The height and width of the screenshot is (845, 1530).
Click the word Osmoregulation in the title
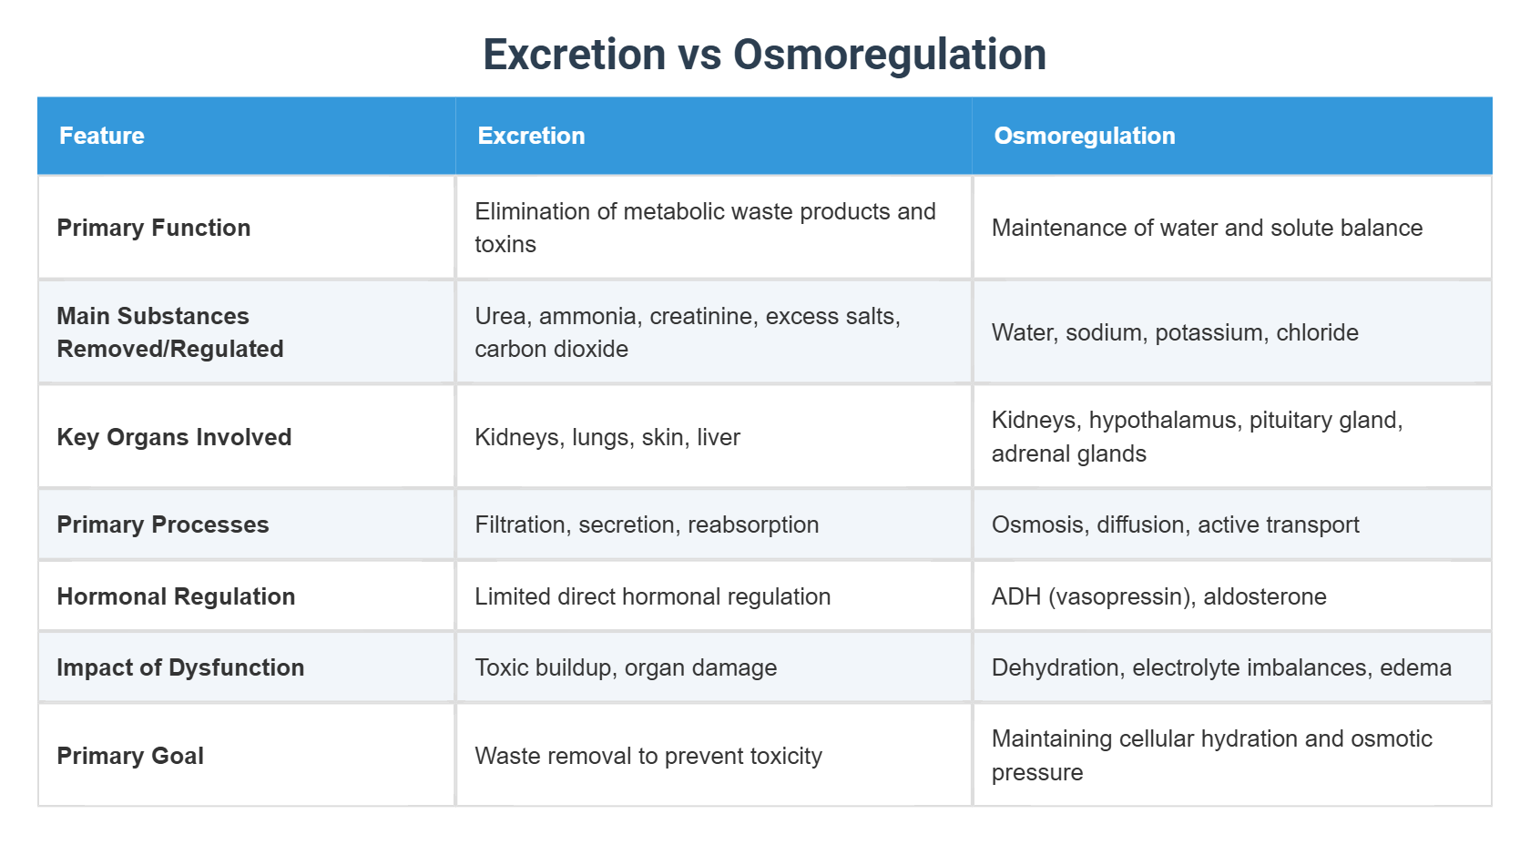click(x=889, y=55)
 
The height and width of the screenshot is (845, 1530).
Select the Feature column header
click(x=102, y=136)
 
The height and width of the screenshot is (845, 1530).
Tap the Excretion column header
click(x=531, y=136)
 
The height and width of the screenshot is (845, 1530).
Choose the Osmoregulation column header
click(x=1084, y=136)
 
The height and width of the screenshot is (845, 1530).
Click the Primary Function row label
click(x=153, y=228)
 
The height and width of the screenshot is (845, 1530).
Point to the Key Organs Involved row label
click(x=174, y=437)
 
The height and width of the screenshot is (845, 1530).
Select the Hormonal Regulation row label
click(x=176, y=596)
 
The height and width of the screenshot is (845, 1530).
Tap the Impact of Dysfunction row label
click(x=180, y=667)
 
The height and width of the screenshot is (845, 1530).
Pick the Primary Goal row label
click(x=130, y=756)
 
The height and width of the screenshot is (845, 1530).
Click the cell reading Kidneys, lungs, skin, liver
click(x=607, y=437)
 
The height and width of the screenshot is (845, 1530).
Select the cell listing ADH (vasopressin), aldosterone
click(x=1158, y=596)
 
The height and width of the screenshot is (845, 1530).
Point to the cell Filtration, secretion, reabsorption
click(x=647, y=524)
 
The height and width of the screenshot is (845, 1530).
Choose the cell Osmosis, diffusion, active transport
click(x=1175, y=524)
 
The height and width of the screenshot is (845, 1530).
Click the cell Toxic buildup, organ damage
click(x=626, y=667)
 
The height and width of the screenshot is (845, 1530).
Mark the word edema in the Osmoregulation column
click(x=1415, y=667)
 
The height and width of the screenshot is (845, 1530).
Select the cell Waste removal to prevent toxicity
click(x=648, y=756)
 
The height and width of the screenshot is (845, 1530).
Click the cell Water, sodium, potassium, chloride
click(x=1175, y=332)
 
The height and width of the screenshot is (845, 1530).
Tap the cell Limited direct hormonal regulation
click(x=652, y=596)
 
